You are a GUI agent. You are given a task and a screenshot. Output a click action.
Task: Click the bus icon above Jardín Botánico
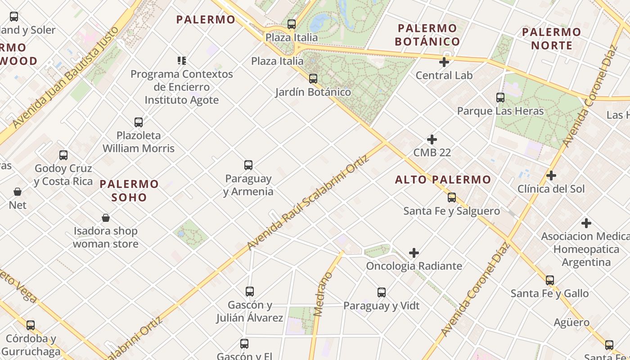pyautogui.click(x=313, y=79)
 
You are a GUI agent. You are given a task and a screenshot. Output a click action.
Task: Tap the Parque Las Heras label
pyautogui.click(x=500, y=111)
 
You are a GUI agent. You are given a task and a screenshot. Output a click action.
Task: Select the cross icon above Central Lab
pyautogui.click(x=444, y=62)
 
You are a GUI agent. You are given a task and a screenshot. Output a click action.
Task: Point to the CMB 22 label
pyautogui.click(x=432, y=153)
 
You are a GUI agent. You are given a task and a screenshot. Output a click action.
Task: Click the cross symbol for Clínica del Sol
pyautogui.click(x=551, y=175)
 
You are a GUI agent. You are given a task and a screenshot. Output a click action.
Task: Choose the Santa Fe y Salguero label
pyautogui.click(x=451, y=211)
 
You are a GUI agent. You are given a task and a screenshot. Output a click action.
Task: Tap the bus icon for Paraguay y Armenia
pyautogui.click(x=248, y=165)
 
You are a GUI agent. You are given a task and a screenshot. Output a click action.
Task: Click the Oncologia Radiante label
pyautogui.click(x=414, y=266)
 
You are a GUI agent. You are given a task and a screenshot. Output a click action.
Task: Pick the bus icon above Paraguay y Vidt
pyautogui.click(x=382, y=292)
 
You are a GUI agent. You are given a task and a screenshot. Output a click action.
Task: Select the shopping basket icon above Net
pyautogui.click(x=18, y=192)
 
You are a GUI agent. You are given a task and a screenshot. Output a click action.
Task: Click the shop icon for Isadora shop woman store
pyautogui.click(x=106, y=218)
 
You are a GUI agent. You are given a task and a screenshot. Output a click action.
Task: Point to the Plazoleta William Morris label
pyautogui.click(x=139, y=142)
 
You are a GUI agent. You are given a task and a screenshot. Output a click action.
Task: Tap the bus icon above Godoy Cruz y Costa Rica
pyautogui.click(x=63, y=155)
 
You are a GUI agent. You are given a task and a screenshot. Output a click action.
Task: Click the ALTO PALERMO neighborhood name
pyautogui.click(x=443, y=180)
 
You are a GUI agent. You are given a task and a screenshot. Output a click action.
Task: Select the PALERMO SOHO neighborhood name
pyautogui.click(x=129, y=190)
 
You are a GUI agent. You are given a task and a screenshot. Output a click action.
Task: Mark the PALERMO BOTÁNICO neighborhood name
pyautogui.click(x=427, y=35)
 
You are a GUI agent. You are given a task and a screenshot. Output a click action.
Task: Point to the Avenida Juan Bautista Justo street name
pyautogui.click(x=66, y=77)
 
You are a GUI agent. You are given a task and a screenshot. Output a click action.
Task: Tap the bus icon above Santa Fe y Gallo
pyautogui.click(x=549, y=280)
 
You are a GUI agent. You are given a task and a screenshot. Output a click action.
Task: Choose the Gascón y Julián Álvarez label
pyautogui.click(x=249, y=311)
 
